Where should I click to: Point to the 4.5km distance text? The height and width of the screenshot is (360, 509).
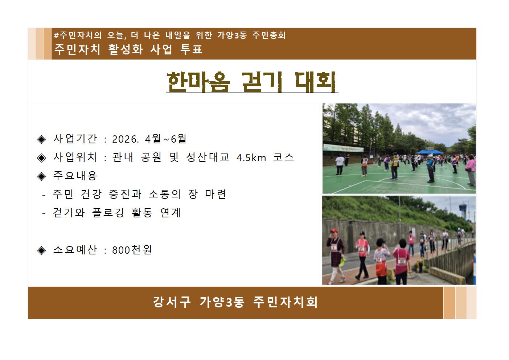pos(251,157)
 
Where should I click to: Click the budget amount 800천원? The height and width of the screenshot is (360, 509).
pos(132,250)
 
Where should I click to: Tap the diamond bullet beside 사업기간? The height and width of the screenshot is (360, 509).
pos(42,139)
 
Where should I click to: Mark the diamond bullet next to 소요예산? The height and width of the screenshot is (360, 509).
pos(42,250)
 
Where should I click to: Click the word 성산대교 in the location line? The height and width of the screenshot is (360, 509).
pos(208,157)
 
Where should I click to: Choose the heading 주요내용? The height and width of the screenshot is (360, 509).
pos(75,176)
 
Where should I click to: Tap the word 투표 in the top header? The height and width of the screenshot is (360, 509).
pos(191,49)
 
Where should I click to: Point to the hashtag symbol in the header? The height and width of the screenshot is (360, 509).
pos(56,36)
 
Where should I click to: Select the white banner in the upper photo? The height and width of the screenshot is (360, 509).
pos(343,148)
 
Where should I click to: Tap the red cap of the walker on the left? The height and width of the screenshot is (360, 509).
pos(334,231)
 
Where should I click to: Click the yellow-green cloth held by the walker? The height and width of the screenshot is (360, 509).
pos(342,260)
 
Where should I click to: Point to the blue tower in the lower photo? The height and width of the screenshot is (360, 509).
pos(463,210)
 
